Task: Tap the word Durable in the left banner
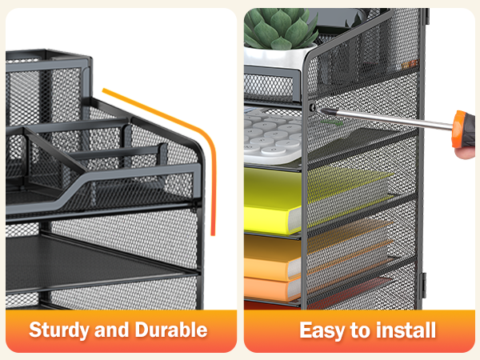[x=171, y=330]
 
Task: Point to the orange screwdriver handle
[x=464, y=130]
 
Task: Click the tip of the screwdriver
[x=318, y=110]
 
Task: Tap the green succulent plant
[x=280, y=28]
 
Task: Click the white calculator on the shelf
[x=273, y=134]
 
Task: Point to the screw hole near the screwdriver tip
[x=312, y=107]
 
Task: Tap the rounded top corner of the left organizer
[x=198, y=146]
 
